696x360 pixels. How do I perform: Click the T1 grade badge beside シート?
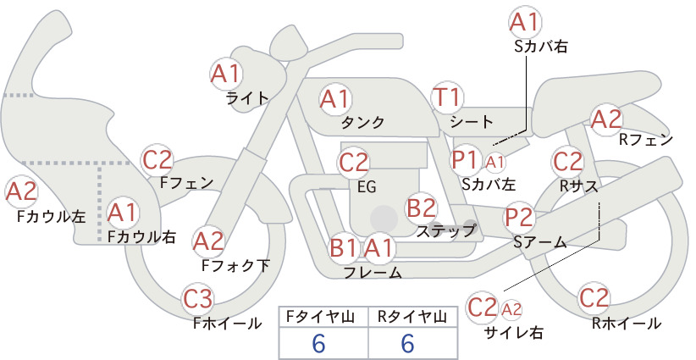click(447, 97)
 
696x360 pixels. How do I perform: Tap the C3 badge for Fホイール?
click(198, 299)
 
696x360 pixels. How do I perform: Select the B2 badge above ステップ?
click(421, 208)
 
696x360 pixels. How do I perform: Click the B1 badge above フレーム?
click(343, 247)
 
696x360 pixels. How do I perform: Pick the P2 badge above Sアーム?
click(519, 218)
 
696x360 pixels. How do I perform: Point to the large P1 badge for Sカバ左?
click(464, 160)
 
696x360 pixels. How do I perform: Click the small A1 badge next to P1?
click(494, 163)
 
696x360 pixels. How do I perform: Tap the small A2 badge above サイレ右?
click(511, 309)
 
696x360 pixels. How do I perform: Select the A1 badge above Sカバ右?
click(525, 22)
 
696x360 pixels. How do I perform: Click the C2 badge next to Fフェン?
click(157, 160)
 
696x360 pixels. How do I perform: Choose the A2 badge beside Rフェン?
click(606, 119)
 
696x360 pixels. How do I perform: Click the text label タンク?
click(362, 122)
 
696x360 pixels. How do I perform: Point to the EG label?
click(367, 187)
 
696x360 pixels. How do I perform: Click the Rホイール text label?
click(627, 324)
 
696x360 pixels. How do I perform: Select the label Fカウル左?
click(52, 216)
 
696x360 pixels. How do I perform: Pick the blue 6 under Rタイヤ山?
click(407, 343)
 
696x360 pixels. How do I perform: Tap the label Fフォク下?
click(235, 265)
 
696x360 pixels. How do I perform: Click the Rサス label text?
click(579, 187)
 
